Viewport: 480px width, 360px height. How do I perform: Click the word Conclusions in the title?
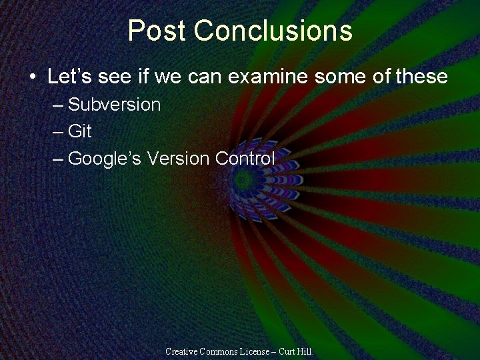tap(273, 31)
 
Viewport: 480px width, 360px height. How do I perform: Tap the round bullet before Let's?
tap(33, 77)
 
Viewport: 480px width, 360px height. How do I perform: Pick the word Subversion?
tap(115, 105)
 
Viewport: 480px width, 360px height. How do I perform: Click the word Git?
tap(80, 131)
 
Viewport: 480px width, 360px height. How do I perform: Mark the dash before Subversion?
tap(58, 105)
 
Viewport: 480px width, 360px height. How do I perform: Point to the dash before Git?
tap(58, 132)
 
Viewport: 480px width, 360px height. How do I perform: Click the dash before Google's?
tap(58, 159)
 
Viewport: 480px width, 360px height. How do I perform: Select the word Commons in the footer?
tap(221, 351)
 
